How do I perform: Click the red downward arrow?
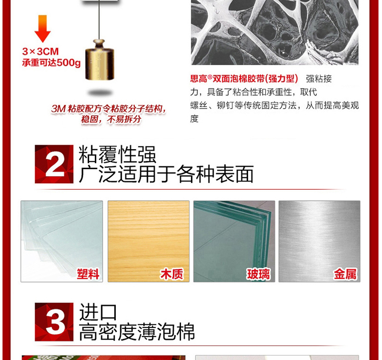(43, 29)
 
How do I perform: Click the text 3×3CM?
(41, 52)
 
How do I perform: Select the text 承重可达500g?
(51, 63)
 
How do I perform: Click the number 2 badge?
(54, 164)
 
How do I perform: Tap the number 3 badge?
(54, 322)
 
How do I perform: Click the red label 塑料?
(88, 274)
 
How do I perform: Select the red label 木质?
(171, 274)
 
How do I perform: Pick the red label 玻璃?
(259, 274)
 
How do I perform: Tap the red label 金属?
(345, 274)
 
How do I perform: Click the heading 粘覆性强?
(117, 154)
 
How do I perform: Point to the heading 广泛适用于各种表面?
(166, 174)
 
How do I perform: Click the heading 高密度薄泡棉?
(137, 332)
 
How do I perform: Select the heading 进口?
(98, 312)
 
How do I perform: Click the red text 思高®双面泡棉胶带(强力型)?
(244, 79)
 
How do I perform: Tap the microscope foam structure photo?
(275, 33)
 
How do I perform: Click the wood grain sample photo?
(148, 241)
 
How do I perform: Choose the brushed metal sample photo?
(319, 241)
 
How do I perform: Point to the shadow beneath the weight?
(100, 93)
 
